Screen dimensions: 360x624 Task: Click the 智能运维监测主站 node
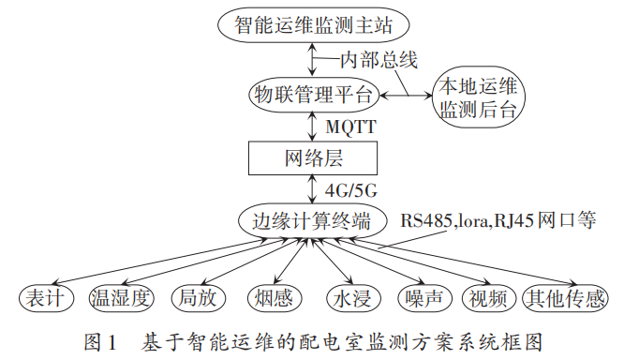point(312,24)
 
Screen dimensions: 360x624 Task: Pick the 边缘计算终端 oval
point(312,222)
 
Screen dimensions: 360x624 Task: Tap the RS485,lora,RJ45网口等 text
point(498,222)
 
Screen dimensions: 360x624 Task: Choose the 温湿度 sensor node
point(120,299)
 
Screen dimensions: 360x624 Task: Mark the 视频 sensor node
point(487,299)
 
